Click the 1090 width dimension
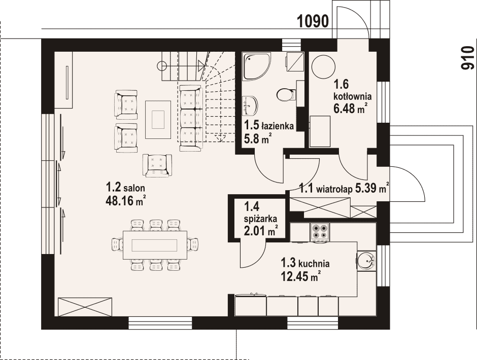coord(313,22)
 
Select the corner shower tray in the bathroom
coord(256,67)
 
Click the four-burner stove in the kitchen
coord(319,231)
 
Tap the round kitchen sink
coord(366,261)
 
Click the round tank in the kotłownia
coord(323,67)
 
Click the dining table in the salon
coord(155,245)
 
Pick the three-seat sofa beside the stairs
coord(191,118)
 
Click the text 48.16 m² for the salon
coord(125,200)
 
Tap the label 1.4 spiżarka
coord(260,212)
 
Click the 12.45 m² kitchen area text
coord(301,276)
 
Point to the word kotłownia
coord(353,96)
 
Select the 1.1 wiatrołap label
coord(326,189)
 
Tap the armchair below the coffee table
coord(157,166)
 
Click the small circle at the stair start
coord(162,65)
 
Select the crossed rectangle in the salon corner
coord(85,307)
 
